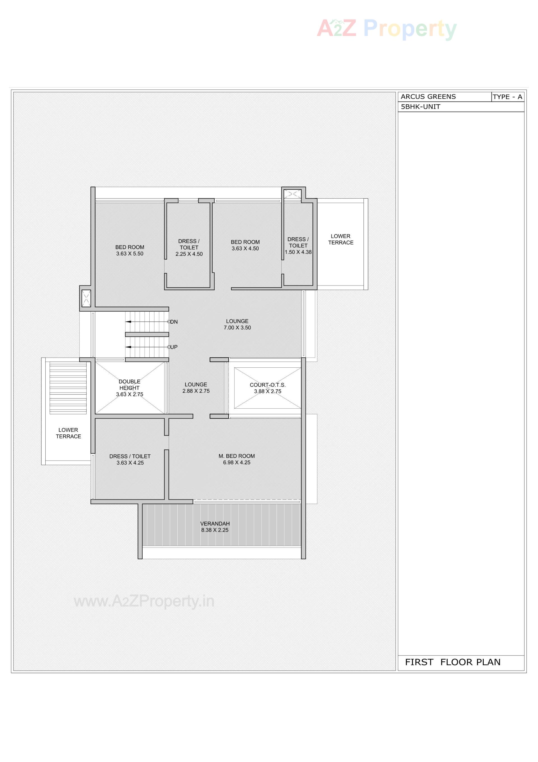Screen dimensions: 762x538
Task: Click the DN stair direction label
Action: pos(174,322)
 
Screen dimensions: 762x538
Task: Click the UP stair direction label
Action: pos(174,347)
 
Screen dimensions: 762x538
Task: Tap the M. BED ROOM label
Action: pos(236,456)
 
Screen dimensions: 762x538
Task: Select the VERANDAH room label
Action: pos(215,523)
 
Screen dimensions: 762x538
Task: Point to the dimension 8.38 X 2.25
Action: pos(215,530)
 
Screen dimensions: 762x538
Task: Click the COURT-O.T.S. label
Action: pos(267,385)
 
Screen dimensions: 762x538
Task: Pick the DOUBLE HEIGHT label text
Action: pos(129,385)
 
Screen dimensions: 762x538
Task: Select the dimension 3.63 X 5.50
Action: pos(130,254)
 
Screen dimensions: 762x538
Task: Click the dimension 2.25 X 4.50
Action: pos(189,254)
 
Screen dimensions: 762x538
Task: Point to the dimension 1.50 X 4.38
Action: pos(298,252)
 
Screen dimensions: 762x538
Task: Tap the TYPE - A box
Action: pos(507,97)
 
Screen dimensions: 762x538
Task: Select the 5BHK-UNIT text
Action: pos(420,107)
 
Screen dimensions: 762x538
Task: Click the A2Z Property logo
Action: pos(386,29)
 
